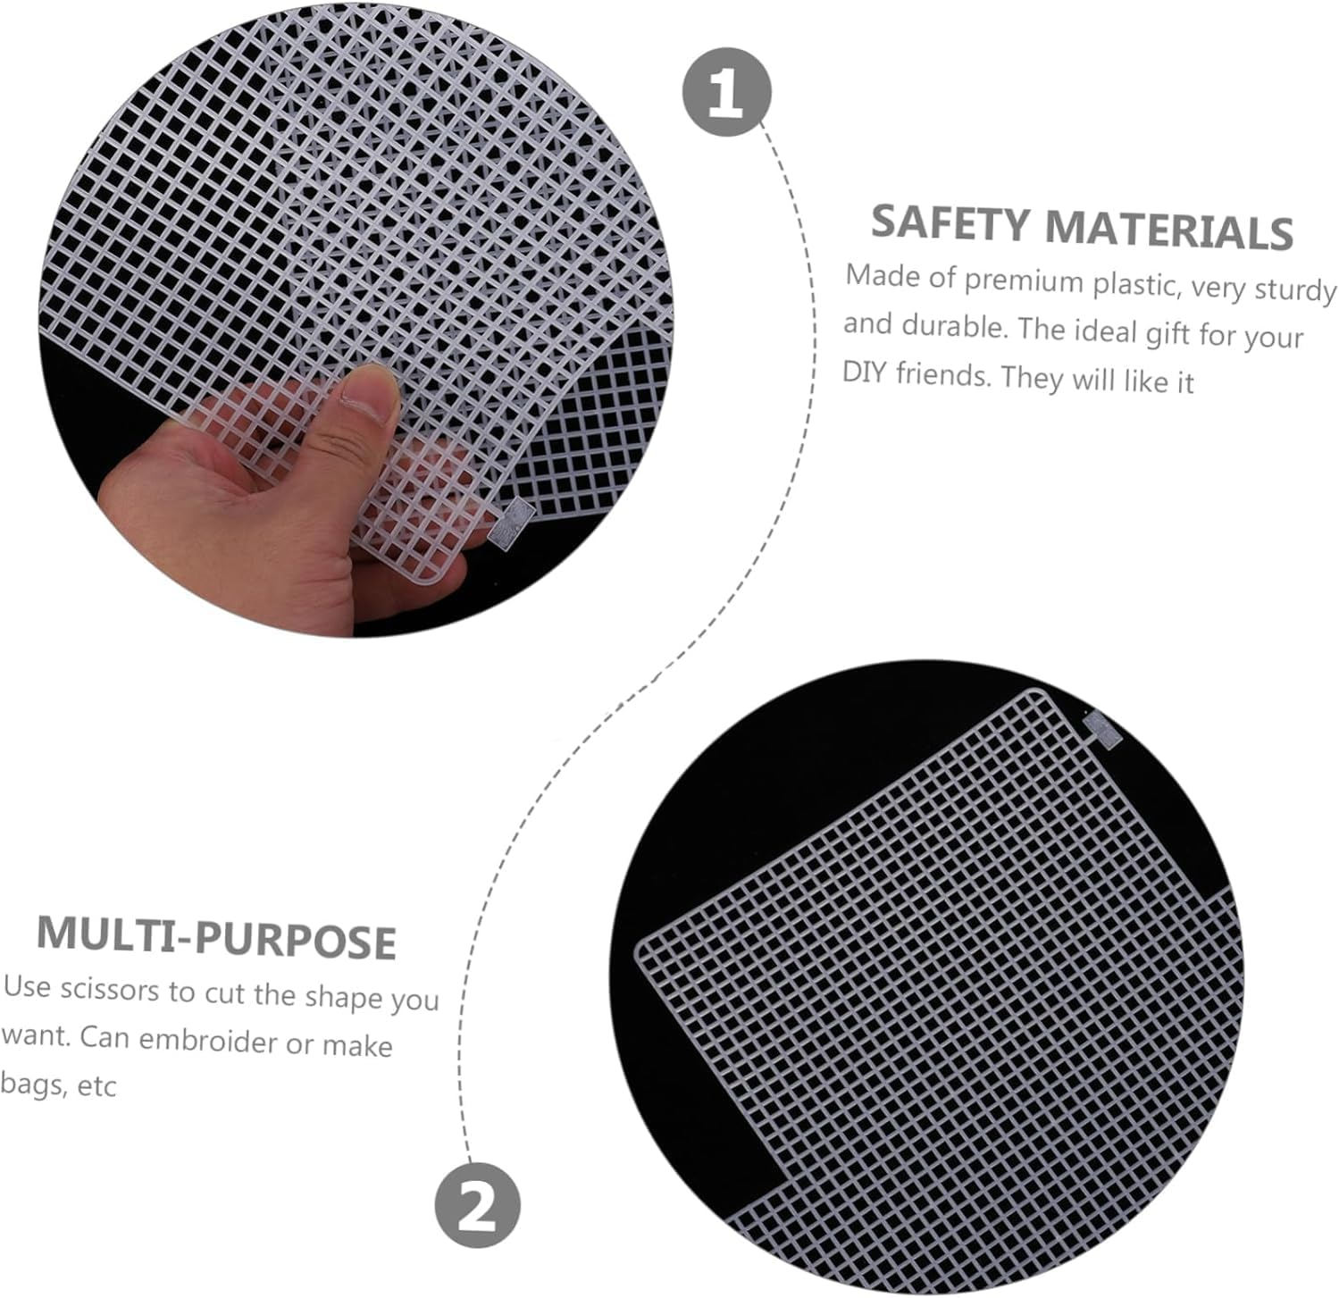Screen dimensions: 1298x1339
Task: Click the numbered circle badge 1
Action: [x=726, y=93]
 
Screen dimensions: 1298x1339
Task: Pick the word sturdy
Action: [x=1295, y=290]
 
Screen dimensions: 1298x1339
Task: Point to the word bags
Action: [x=31, y=1086]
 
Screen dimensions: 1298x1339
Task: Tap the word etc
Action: [x=96, y=1087]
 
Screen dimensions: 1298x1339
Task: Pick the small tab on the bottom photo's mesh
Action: [x=1102, y=728]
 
